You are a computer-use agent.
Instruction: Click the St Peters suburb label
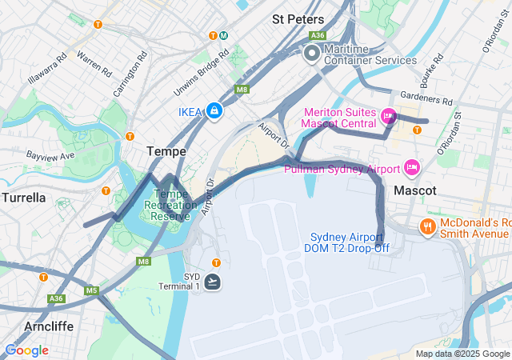click(x=298, y=19)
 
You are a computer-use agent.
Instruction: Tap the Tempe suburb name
click(x=166, y=150)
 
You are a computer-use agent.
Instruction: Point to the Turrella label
click(x=23, y=197)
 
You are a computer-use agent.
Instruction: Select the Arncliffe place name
click(x=50, y=326)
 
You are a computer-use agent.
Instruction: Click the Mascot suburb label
click(x=415, y=191)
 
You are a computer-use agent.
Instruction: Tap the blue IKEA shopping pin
click(x=214, y=111)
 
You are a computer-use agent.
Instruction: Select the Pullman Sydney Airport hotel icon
click(x=412, y=168)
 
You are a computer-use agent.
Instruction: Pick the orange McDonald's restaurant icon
click(x=429, y=227)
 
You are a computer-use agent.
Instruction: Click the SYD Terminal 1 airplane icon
click(x=213, y=282)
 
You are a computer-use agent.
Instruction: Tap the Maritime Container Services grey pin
click(x=312, y=54)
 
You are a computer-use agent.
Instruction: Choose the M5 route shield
click(x=91, y=290)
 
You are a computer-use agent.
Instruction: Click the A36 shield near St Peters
click(x=318, y=35)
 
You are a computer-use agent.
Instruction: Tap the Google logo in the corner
click(x=26, y=350)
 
